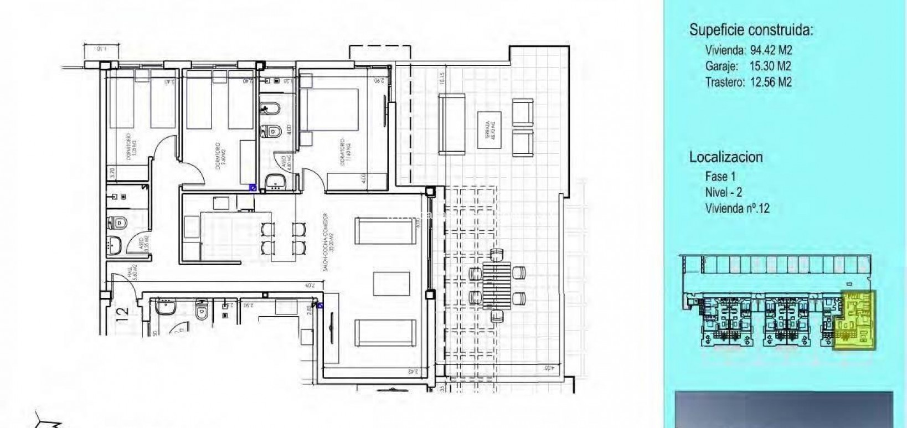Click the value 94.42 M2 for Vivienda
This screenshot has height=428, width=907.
[x=771, y=50]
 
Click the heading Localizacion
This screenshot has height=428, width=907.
[x=725, y=157]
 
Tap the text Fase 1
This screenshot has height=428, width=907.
[x=720, y=177]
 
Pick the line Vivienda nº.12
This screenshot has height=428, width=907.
[x=737, y=208]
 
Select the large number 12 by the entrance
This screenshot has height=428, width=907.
[x=122, y=315]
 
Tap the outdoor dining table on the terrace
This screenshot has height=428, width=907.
[x=497, y=286]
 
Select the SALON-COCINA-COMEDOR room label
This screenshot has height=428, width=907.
[x=326, y=241]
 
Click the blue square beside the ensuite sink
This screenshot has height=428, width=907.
[x=252, y=188]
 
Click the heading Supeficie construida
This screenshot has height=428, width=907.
[x=751, y=30]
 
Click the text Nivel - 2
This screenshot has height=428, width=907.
[x=724, y=192]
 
